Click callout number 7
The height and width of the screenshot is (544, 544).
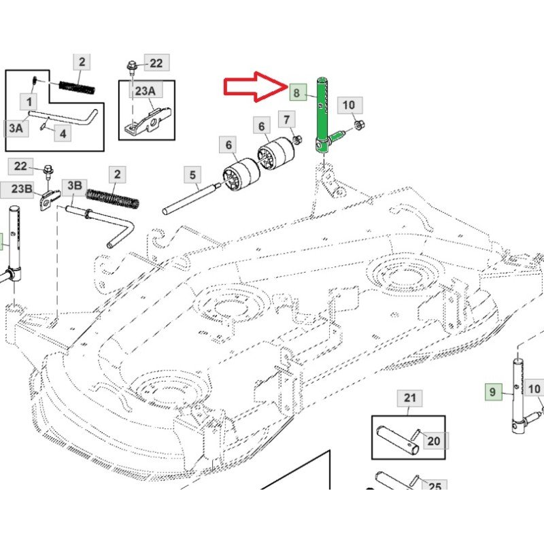(x=288, y=121)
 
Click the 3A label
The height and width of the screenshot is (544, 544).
(x=16, y=126)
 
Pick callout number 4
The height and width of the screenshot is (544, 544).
(x=62, y=133)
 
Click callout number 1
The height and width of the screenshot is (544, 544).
(x=29, y=102)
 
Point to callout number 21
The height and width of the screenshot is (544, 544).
(x=409, y=398)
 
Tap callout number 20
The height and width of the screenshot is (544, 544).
(x=433, y=441)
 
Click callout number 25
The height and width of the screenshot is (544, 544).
(x=435, y=487)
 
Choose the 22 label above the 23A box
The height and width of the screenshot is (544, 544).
(x=156, y=63)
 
